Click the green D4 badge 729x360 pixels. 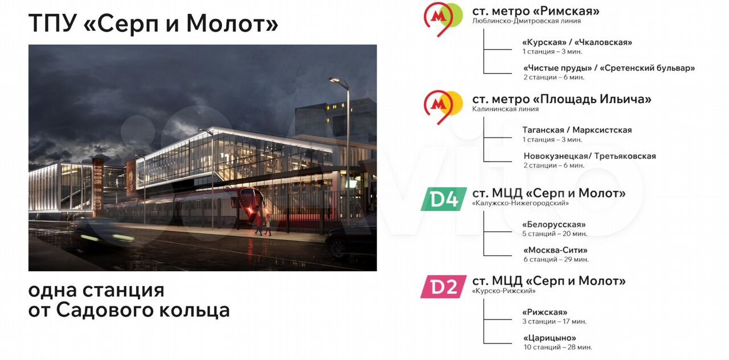tap(444, 199)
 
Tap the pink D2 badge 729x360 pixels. tap(443, 287)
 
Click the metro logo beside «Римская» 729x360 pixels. tap(443, 18)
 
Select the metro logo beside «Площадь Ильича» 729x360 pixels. tap(443, 107)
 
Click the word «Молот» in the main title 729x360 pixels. tap(232, 23)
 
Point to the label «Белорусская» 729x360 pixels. tap(554, 224)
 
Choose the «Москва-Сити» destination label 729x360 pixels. tap(555, 250)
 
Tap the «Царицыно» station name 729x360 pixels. tap(550, 338)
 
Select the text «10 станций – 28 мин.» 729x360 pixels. tap(558, 347)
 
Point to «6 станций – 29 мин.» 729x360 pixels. tap(556, 259)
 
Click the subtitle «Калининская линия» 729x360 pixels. tap(505, 109)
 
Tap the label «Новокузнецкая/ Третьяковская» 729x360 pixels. tap(589, 156)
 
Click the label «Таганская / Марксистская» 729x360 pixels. tap(577, 130)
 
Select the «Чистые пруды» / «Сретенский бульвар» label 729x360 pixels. tap(609, 68)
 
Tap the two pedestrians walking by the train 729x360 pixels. tap(263, 224)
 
